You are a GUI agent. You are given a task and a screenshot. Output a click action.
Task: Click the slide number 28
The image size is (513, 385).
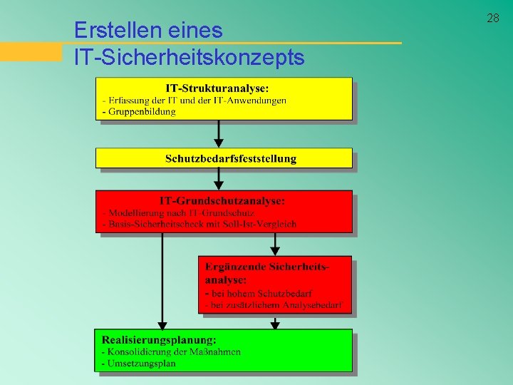point(493,18)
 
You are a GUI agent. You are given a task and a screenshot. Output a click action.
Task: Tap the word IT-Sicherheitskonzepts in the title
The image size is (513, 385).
point(189,57)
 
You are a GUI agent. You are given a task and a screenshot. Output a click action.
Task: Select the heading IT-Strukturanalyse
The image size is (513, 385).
point(217,88)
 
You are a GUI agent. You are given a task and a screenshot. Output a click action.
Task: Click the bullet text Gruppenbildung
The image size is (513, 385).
point(142,112)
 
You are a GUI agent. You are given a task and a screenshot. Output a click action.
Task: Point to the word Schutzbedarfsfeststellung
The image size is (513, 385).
point(231,158)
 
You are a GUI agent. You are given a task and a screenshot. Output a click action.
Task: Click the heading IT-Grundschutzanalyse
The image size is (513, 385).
point(222,201)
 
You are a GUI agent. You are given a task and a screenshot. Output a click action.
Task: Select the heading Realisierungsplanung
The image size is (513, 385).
point(159,339)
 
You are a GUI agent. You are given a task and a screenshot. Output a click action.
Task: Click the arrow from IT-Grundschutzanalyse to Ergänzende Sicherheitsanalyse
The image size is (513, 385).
point(276,244)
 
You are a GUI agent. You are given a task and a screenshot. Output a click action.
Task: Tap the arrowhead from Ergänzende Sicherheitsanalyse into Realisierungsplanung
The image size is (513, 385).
point(276,324)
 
